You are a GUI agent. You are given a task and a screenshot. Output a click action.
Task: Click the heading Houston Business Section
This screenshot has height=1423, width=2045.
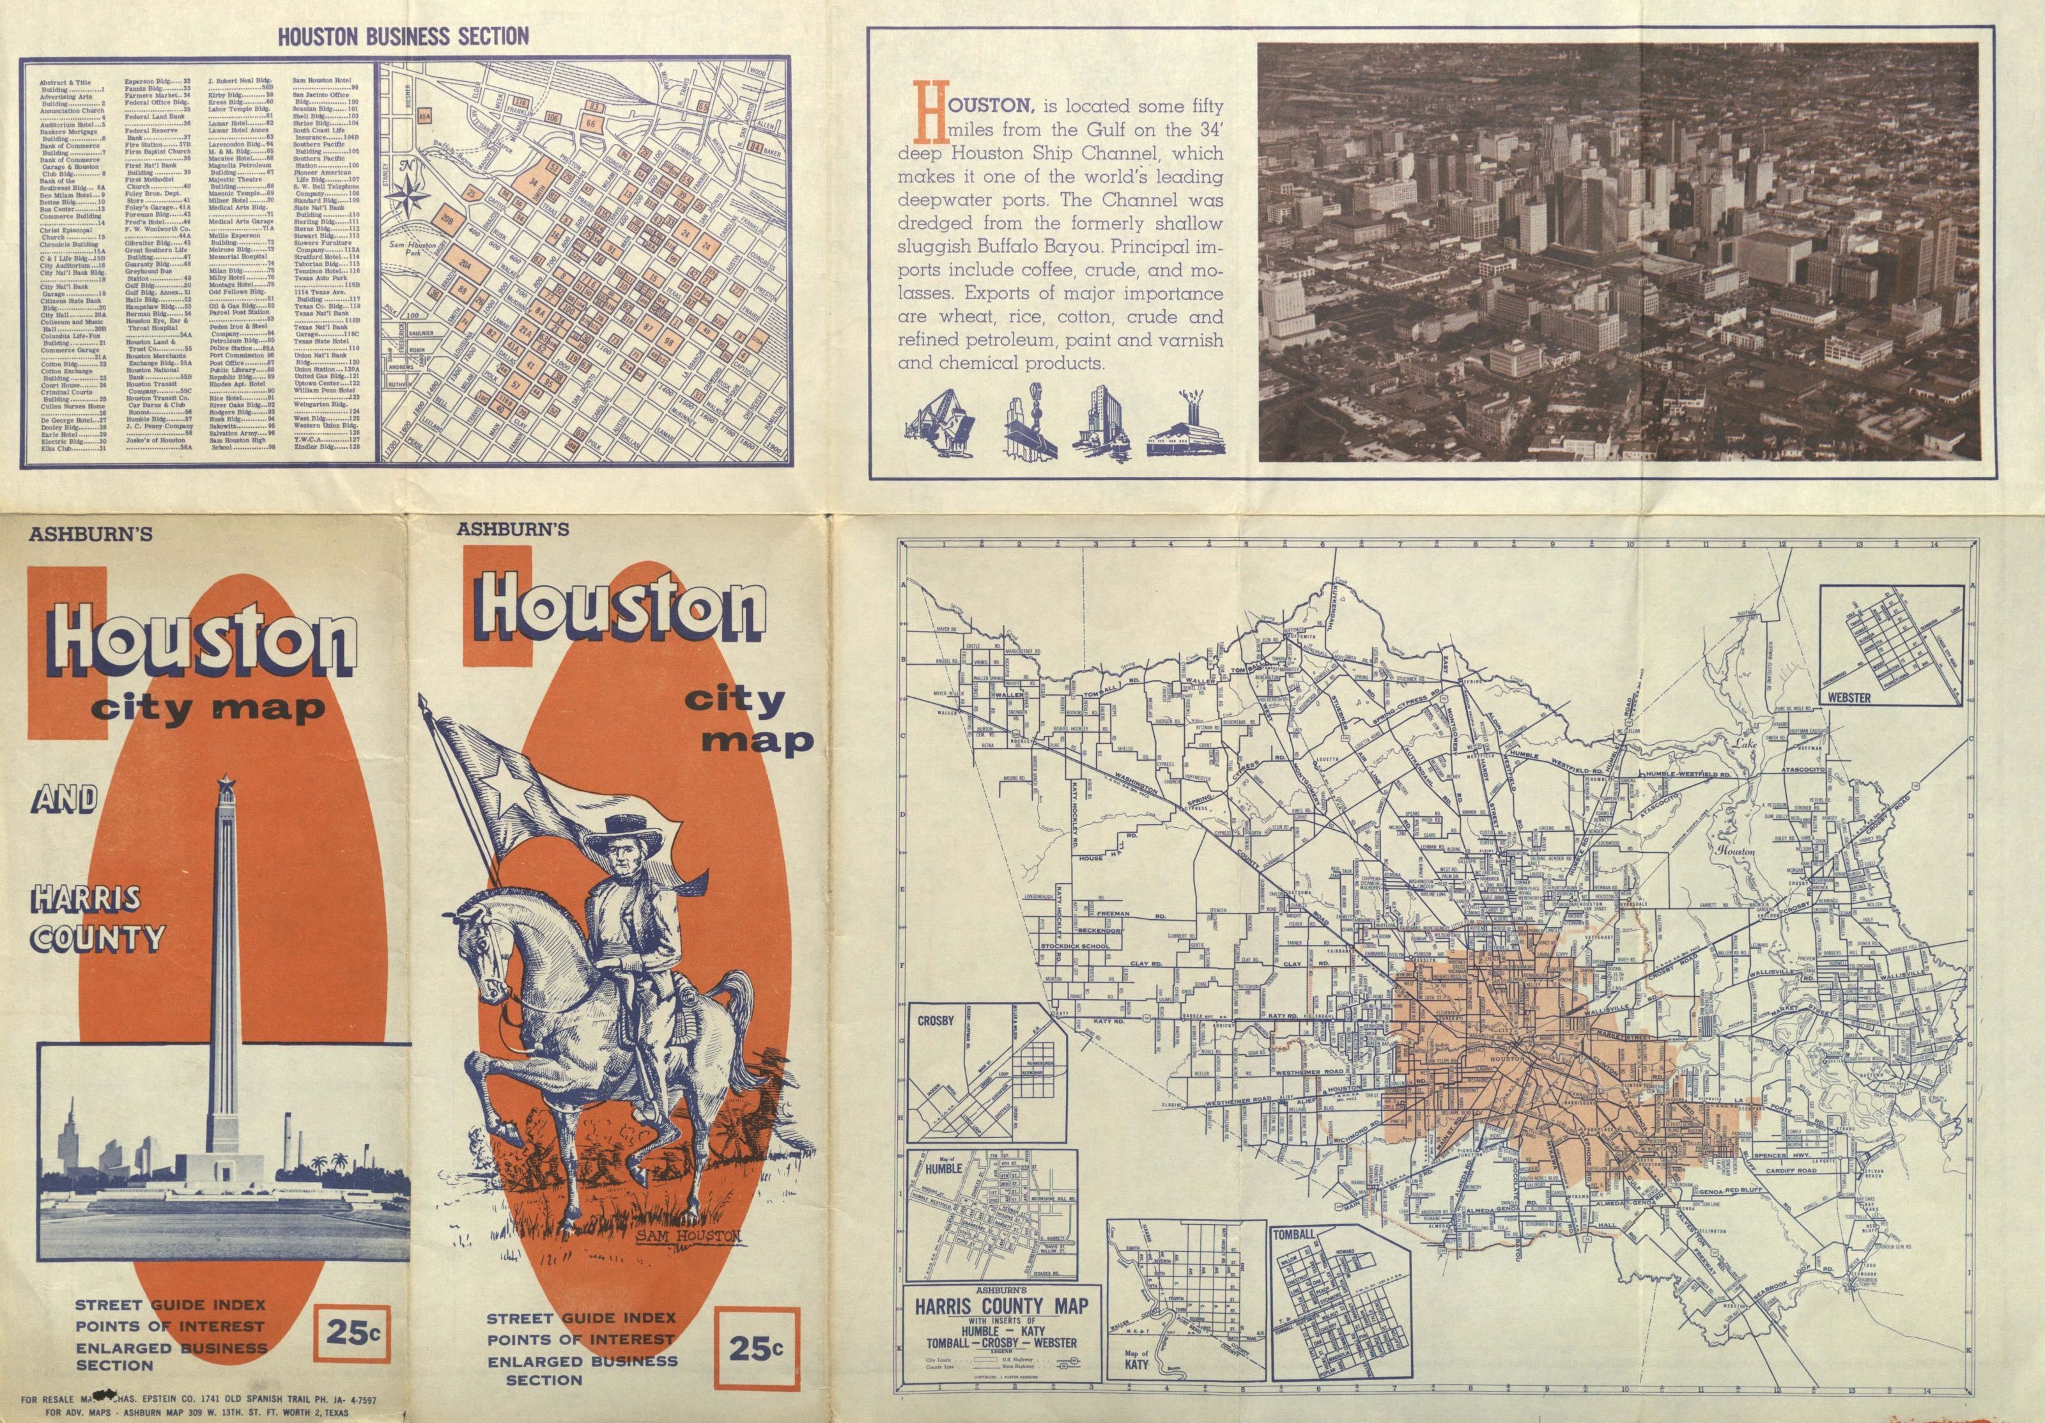(403, 36)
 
